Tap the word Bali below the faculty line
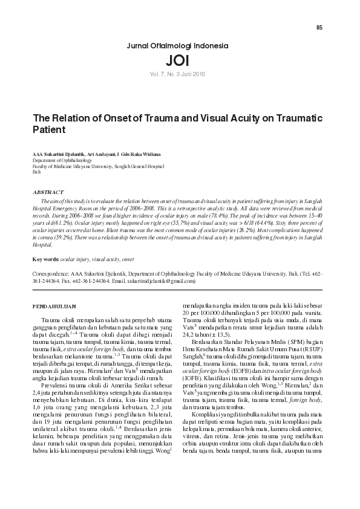36,172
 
